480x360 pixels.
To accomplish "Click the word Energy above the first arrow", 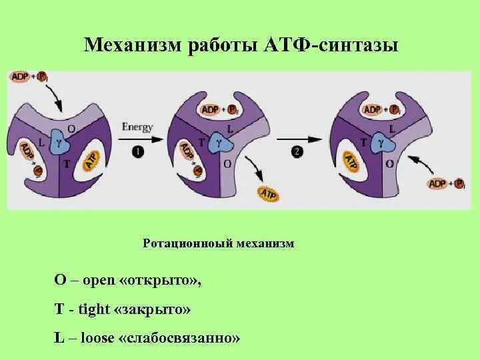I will pyautogui.click(x=137, y=127).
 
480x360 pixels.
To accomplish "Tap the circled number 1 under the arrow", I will pyautogui.click(x=138, y=152).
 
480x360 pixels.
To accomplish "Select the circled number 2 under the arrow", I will pyautogui.click(x=297, y=152).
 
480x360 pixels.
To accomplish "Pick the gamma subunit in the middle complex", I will pyautogui.click(x=219, y=141).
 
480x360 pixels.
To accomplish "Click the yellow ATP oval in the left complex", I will pyautogui.click(x=91, y=161).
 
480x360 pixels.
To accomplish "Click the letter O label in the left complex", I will pyautogui.click(x=71, y=128).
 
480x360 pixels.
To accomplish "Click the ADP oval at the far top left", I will pyautogui.click(x=20, y=77).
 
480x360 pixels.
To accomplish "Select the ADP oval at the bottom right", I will pyautogui.click(x=437, y=183).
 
